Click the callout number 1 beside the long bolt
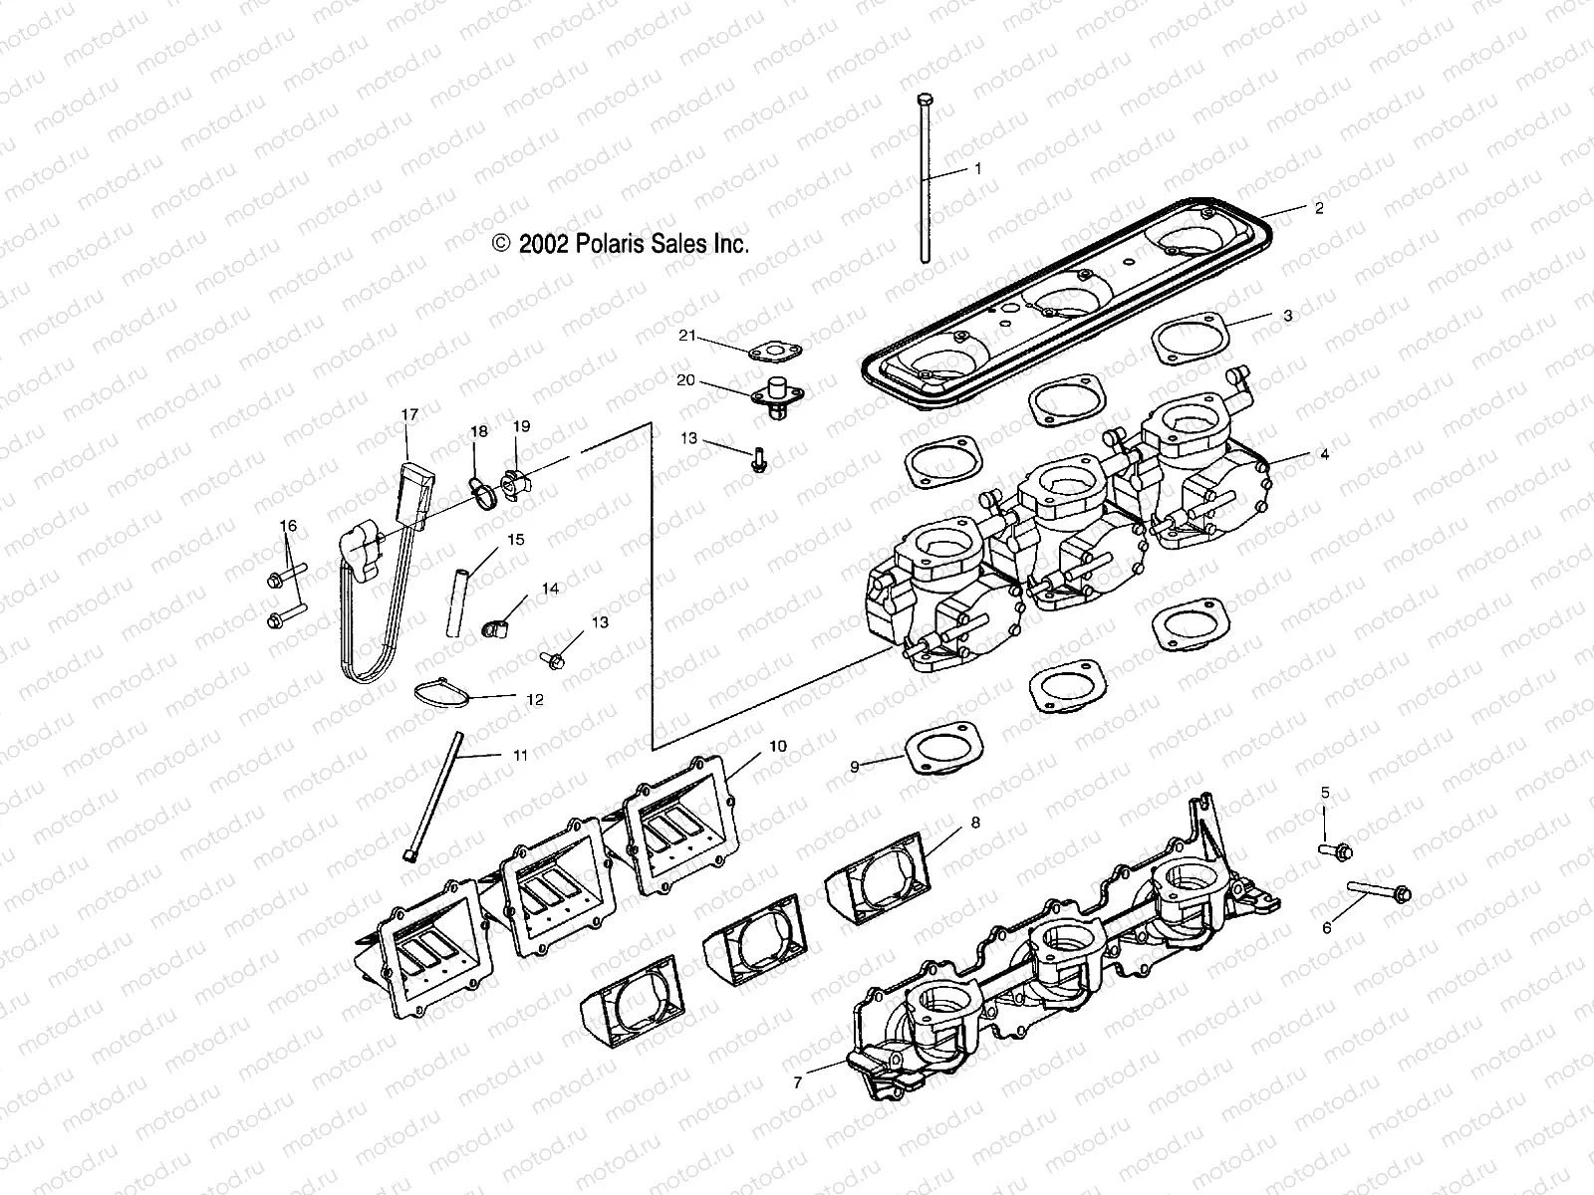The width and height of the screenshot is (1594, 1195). click(977, 169)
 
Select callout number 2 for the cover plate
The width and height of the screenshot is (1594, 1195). click(1319, 208)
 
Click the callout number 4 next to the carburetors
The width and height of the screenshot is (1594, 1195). click(1324, 455)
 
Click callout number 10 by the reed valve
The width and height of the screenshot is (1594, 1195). click(777, 746)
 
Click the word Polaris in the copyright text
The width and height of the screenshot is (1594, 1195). click(619, 244)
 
